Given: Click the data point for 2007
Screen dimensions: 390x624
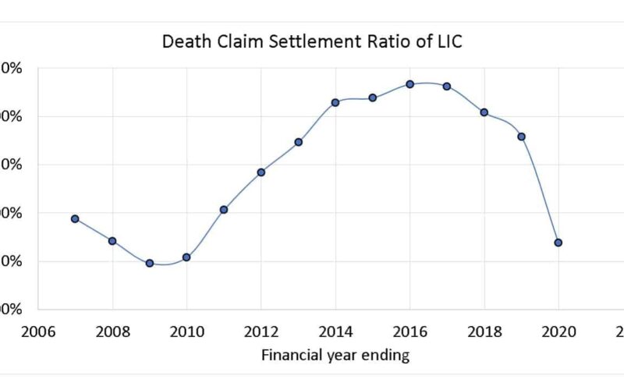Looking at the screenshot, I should (x=75, y=219).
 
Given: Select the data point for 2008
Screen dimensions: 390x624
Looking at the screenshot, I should (x=112, y=241).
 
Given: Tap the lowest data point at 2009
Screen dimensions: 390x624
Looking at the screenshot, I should (x=149, y=264).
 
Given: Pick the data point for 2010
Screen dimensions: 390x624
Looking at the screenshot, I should (x=186, y=257).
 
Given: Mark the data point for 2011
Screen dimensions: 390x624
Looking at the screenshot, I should (x=224, y=210).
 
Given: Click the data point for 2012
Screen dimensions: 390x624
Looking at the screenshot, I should (x=261, y=172).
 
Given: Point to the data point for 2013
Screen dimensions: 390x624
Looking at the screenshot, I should (x=299, y=142).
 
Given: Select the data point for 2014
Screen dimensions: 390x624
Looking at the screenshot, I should (x=335, y=103).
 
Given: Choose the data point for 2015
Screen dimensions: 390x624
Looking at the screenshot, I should (x=373, y=98).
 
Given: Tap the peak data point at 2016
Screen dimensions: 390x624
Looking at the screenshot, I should (x=409, y=84).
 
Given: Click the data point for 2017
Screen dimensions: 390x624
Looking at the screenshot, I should (x=447, y=87).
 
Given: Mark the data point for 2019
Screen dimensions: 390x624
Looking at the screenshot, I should (x=522, y=137).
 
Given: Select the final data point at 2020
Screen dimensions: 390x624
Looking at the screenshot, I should (x=558, y=243).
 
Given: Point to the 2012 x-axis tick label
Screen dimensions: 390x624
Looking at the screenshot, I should (x=261, y=331).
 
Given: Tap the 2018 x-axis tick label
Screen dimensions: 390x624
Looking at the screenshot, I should (x=484, y=331).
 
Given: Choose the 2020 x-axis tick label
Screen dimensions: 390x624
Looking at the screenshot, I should (x=558, y=331).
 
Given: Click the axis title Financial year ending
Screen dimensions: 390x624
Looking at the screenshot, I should (x=335, y=356).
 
